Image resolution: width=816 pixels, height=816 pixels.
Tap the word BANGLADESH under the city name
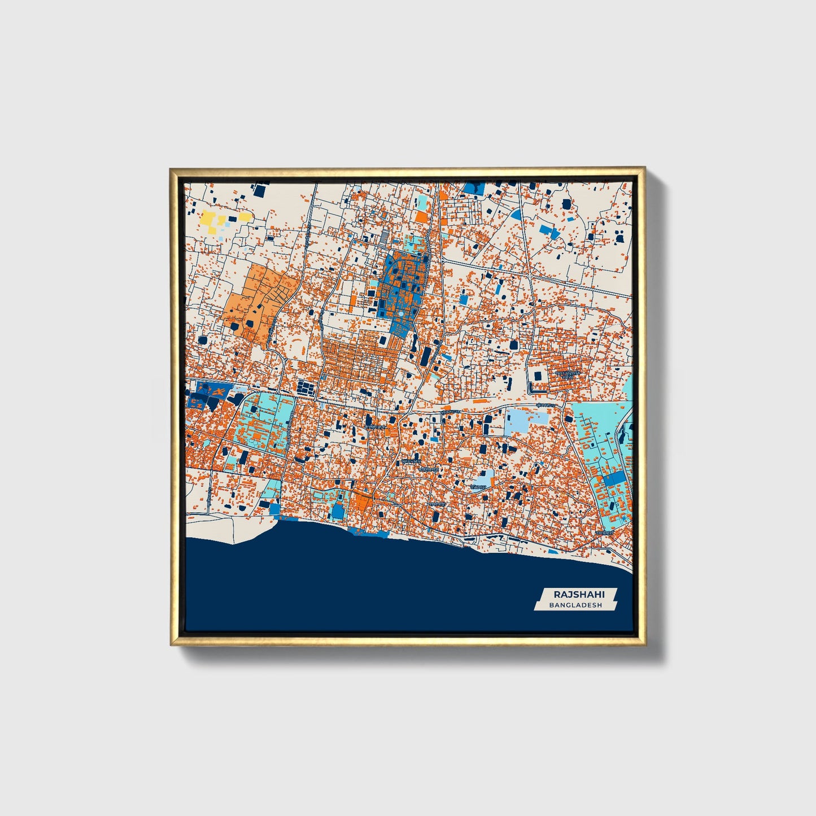coord(575,605)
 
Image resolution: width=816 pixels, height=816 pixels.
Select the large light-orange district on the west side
coord(257,302)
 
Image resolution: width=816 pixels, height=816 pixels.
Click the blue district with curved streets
coord(402,288)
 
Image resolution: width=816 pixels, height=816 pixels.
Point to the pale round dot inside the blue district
coord(400,313)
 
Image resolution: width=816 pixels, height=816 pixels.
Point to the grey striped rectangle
coord(386,235)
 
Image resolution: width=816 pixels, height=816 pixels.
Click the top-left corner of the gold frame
coord(172,169)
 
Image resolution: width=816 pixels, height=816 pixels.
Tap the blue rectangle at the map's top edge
coord(473,188)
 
